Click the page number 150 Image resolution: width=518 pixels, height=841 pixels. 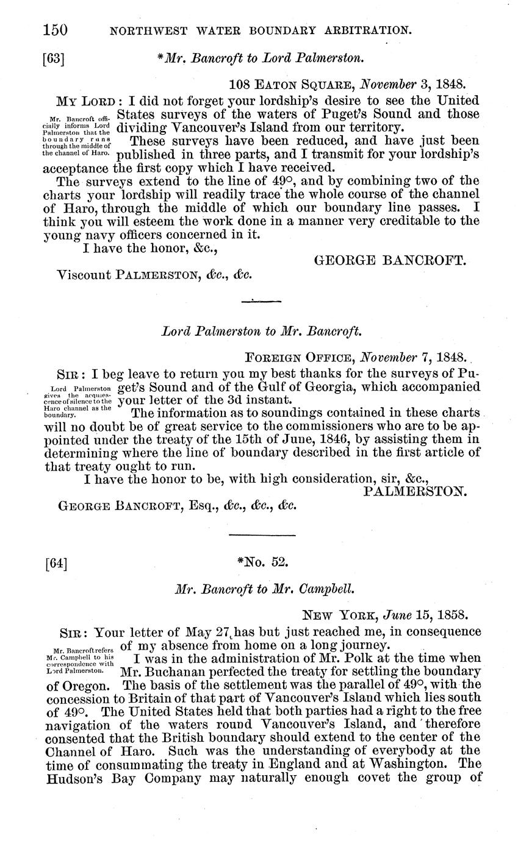click(x=56, y=29)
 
